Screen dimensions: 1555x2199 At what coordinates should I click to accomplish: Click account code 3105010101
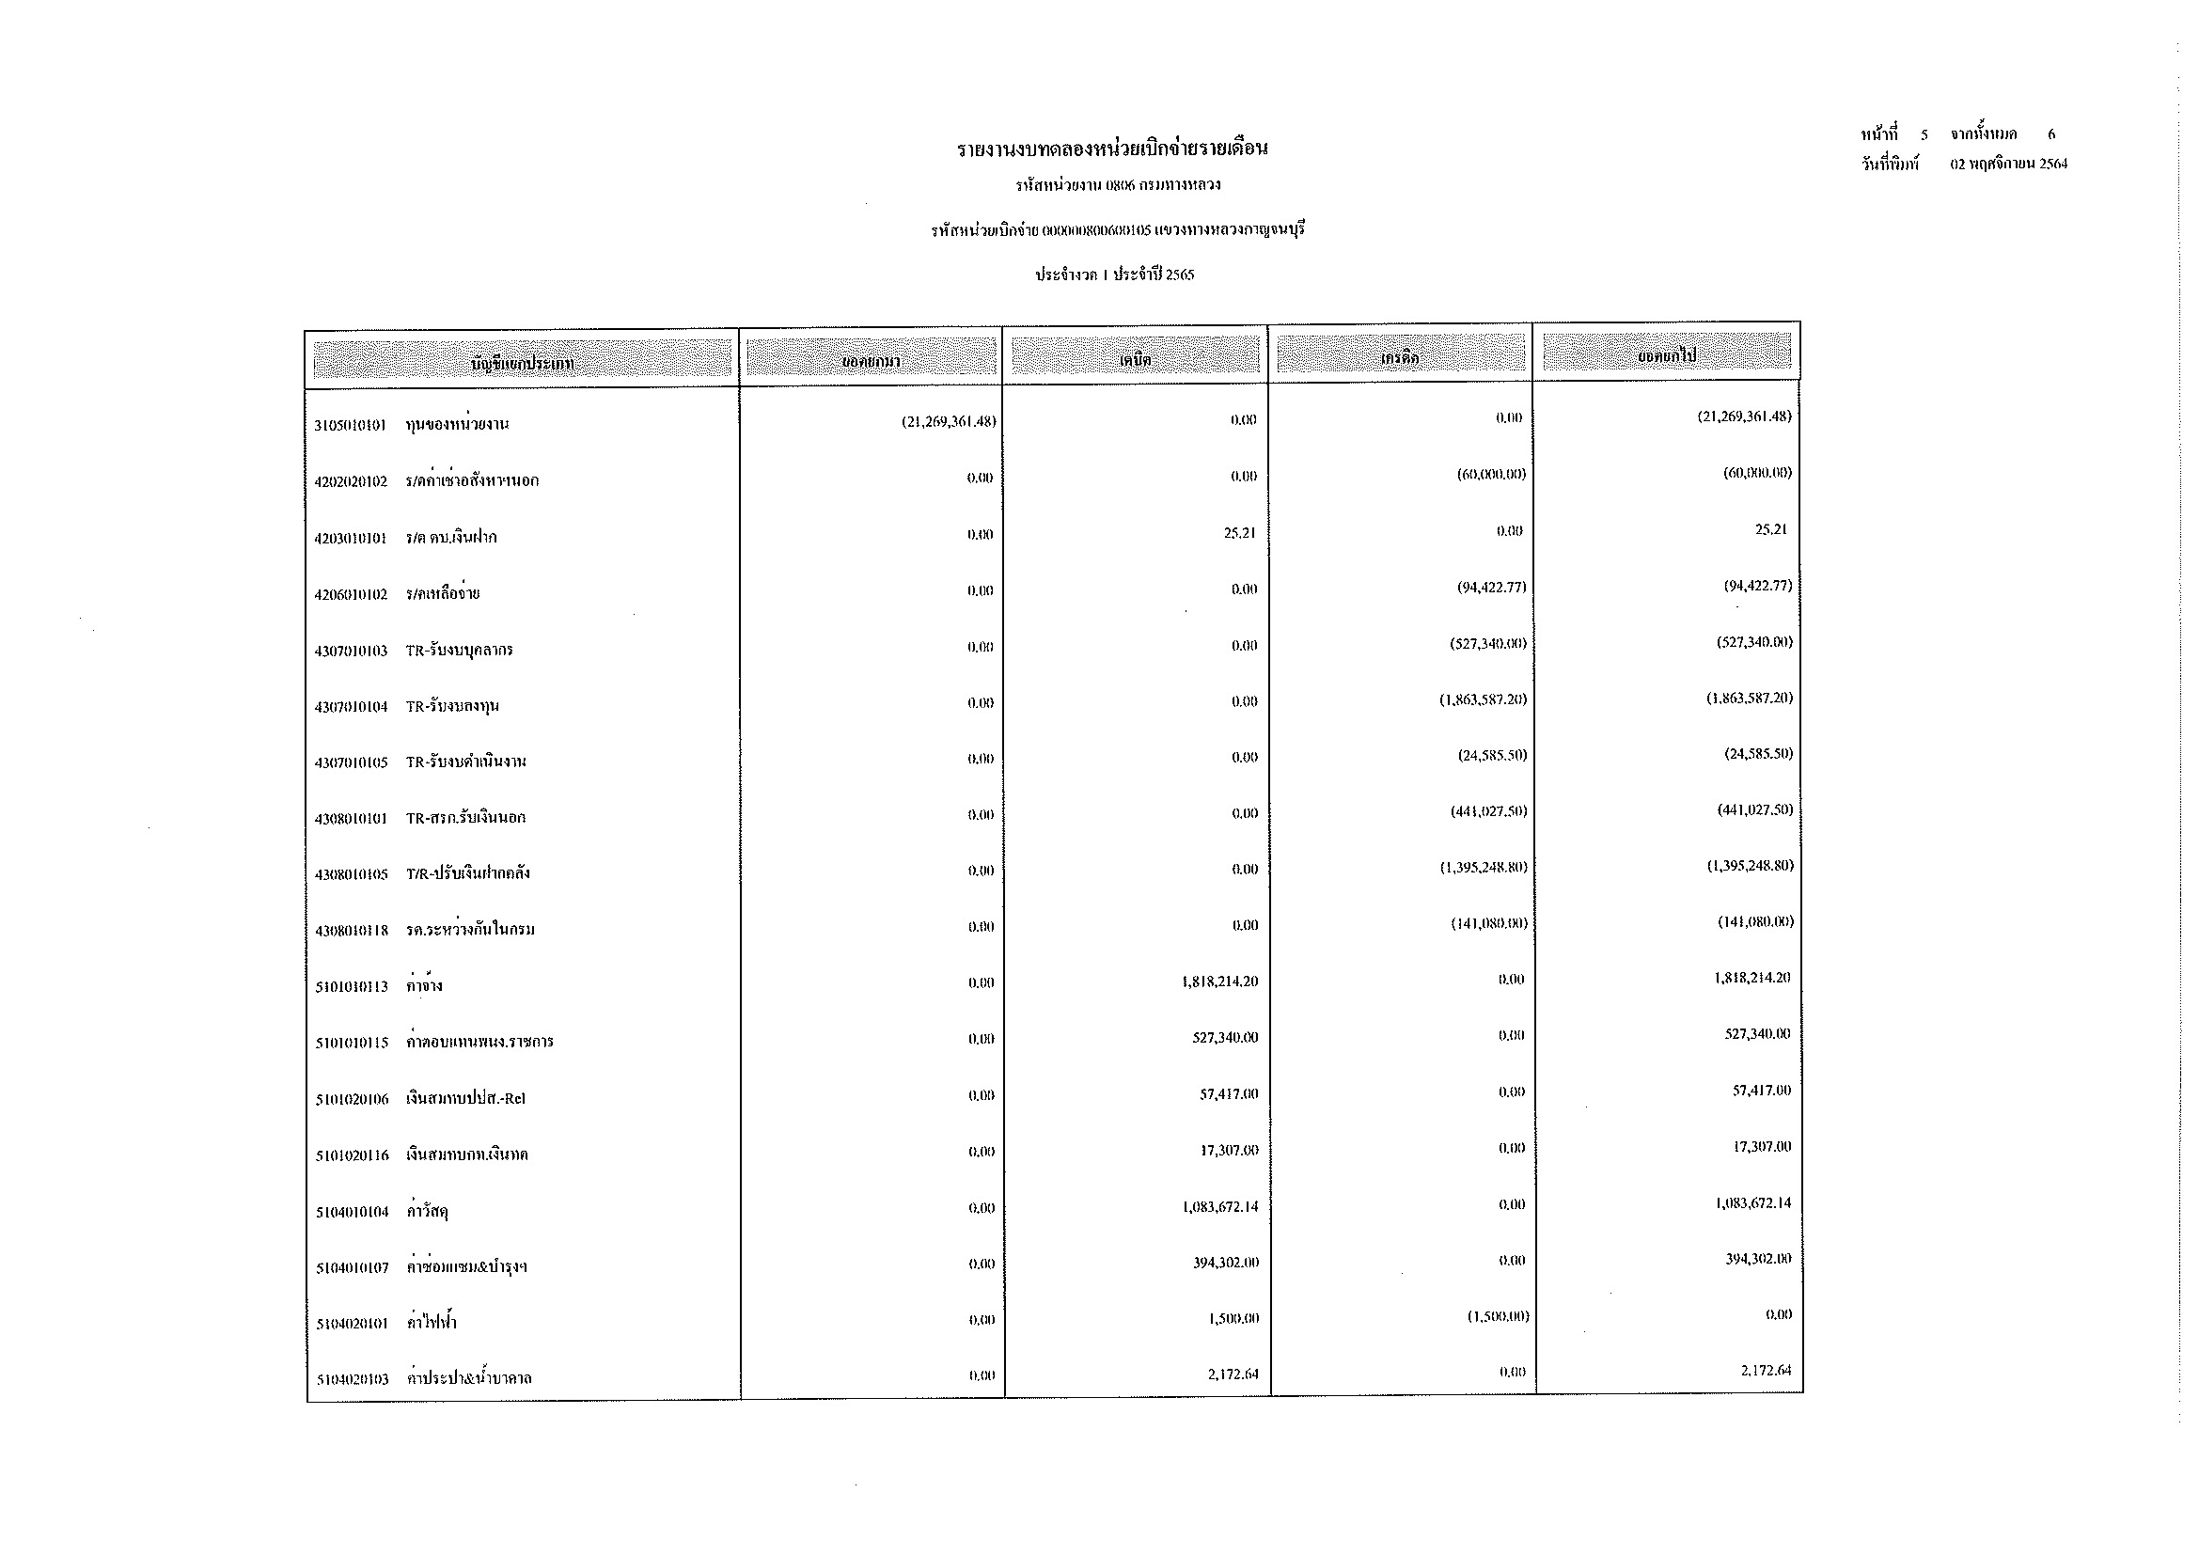coord(350,425)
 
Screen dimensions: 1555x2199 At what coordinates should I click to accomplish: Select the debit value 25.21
coord(1239,532)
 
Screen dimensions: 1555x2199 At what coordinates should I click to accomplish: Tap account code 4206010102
coord(351,594)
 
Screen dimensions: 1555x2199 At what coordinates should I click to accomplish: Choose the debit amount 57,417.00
coord(1229,1093)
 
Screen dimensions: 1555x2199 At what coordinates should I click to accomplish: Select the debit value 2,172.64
coord(1233,1374)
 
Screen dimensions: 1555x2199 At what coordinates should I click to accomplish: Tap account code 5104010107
coord(352,1267)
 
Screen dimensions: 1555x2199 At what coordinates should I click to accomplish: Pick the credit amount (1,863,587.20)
coord(1483,699)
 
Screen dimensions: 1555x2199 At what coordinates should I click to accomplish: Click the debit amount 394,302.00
coord(1226,1262)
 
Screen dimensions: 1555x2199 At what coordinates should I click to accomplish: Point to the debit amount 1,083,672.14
coord(1220,1206)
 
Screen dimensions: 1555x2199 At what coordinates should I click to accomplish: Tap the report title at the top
coord(1112,149)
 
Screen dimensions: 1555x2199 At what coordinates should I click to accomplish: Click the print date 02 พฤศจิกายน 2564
coord(2008,164)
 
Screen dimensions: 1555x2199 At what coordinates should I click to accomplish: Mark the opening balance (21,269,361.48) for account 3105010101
coord(949,421)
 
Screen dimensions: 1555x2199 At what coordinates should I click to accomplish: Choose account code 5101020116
coord(352,1155)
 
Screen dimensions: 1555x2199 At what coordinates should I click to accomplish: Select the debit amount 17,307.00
coord(1229,1150)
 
